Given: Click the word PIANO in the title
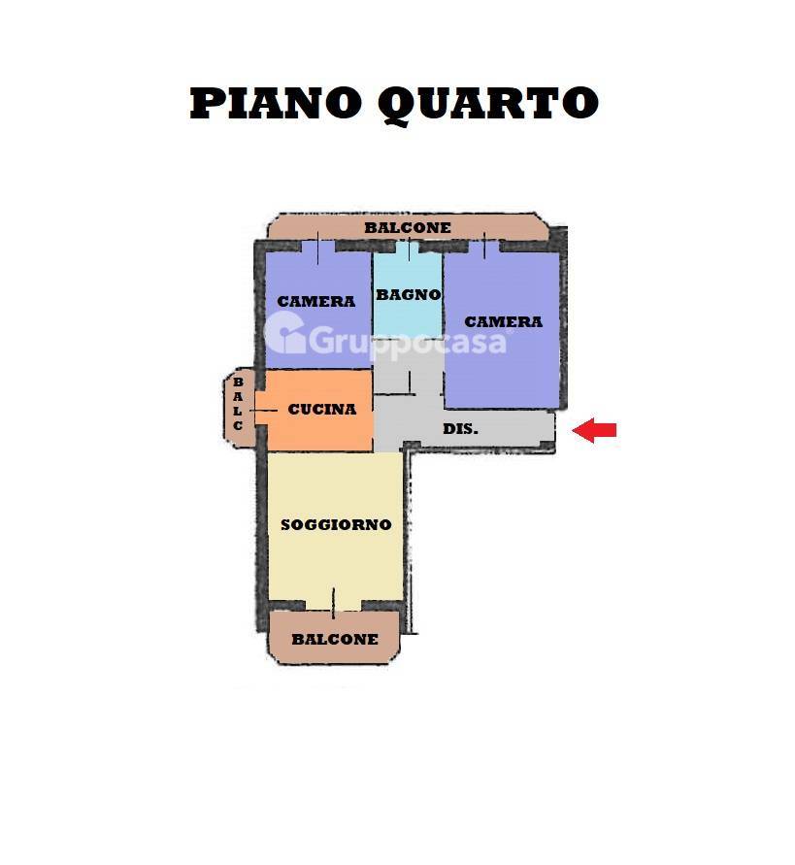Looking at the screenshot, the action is pyautogui.click(x=276, y=103).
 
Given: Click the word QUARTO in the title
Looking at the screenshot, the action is pyautogui.click(x=488, y=105).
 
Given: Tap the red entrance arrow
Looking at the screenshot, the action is pyautogui.click(x=594, y=430).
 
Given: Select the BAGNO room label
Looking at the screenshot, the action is pyautogui.click(x=409, y=295).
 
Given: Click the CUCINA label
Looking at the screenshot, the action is pyautogui.click(x=322, y=410).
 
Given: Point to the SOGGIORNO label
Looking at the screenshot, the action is pyautogui.click(x=336, y=524).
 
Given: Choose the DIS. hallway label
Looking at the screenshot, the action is pyautogui.click(x=461, y=429).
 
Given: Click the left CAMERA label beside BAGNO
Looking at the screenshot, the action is pyautogui.click(x=316, y=302).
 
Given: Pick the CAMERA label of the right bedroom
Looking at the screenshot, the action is pyautogui.click(x=504, y=321).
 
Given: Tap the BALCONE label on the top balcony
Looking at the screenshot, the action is pyautogui.click(x=408, y=227).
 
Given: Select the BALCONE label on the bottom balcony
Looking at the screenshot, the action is pyautogui.click(x=335, y=640).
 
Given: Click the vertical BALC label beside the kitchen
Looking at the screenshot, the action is pyautogui.click(x=238, y=404).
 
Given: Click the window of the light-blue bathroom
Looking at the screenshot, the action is pyautogui.click(x=409, y=248).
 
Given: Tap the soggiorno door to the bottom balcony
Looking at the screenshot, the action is pyautogui.click(x=333, y=604).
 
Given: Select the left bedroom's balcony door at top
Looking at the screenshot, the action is pyautogui.click(x=318, y=248).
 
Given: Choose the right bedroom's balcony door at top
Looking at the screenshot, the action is pyautogui.click(x=484, y=246).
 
